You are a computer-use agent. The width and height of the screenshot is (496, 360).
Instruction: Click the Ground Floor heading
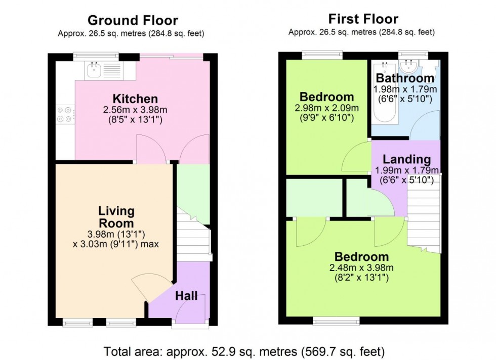coord(133,20)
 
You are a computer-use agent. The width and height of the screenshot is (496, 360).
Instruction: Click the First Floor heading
coord(363,19)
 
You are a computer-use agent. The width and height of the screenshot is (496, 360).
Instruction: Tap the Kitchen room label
coord(135,99)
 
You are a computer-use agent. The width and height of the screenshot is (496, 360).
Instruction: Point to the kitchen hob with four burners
coord(65,114)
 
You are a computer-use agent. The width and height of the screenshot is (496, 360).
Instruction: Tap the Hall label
coord(186,296)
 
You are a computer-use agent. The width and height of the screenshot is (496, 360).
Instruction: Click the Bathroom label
coord(404,78)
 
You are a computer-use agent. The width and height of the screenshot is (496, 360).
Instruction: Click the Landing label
coord(406,159)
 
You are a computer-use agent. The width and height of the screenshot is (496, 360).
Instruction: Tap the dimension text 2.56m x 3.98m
coord(135,110)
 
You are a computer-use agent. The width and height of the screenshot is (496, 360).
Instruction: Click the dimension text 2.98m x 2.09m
coord(326,108)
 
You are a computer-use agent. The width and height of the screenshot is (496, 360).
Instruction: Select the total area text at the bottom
coord(244,350)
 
